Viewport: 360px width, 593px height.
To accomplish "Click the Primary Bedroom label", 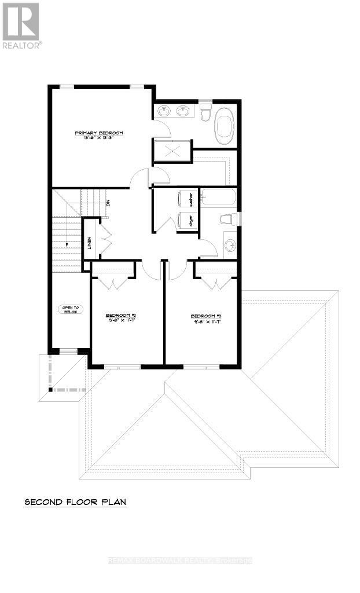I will pos(99,133).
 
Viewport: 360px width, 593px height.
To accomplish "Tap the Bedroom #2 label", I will pos(120,316).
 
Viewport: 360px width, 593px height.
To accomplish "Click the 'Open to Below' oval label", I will pos(71,309).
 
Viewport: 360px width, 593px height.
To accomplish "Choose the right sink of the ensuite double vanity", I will pos(183,110).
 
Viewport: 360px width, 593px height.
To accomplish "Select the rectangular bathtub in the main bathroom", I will pos(219,199).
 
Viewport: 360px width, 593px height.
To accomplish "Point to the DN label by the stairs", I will pos(108,203).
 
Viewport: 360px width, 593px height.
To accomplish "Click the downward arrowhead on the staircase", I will pos(67,244).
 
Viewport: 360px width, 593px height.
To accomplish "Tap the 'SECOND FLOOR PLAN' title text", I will pos(75,502).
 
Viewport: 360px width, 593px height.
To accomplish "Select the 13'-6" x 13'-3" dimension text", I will pos(99,139).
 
